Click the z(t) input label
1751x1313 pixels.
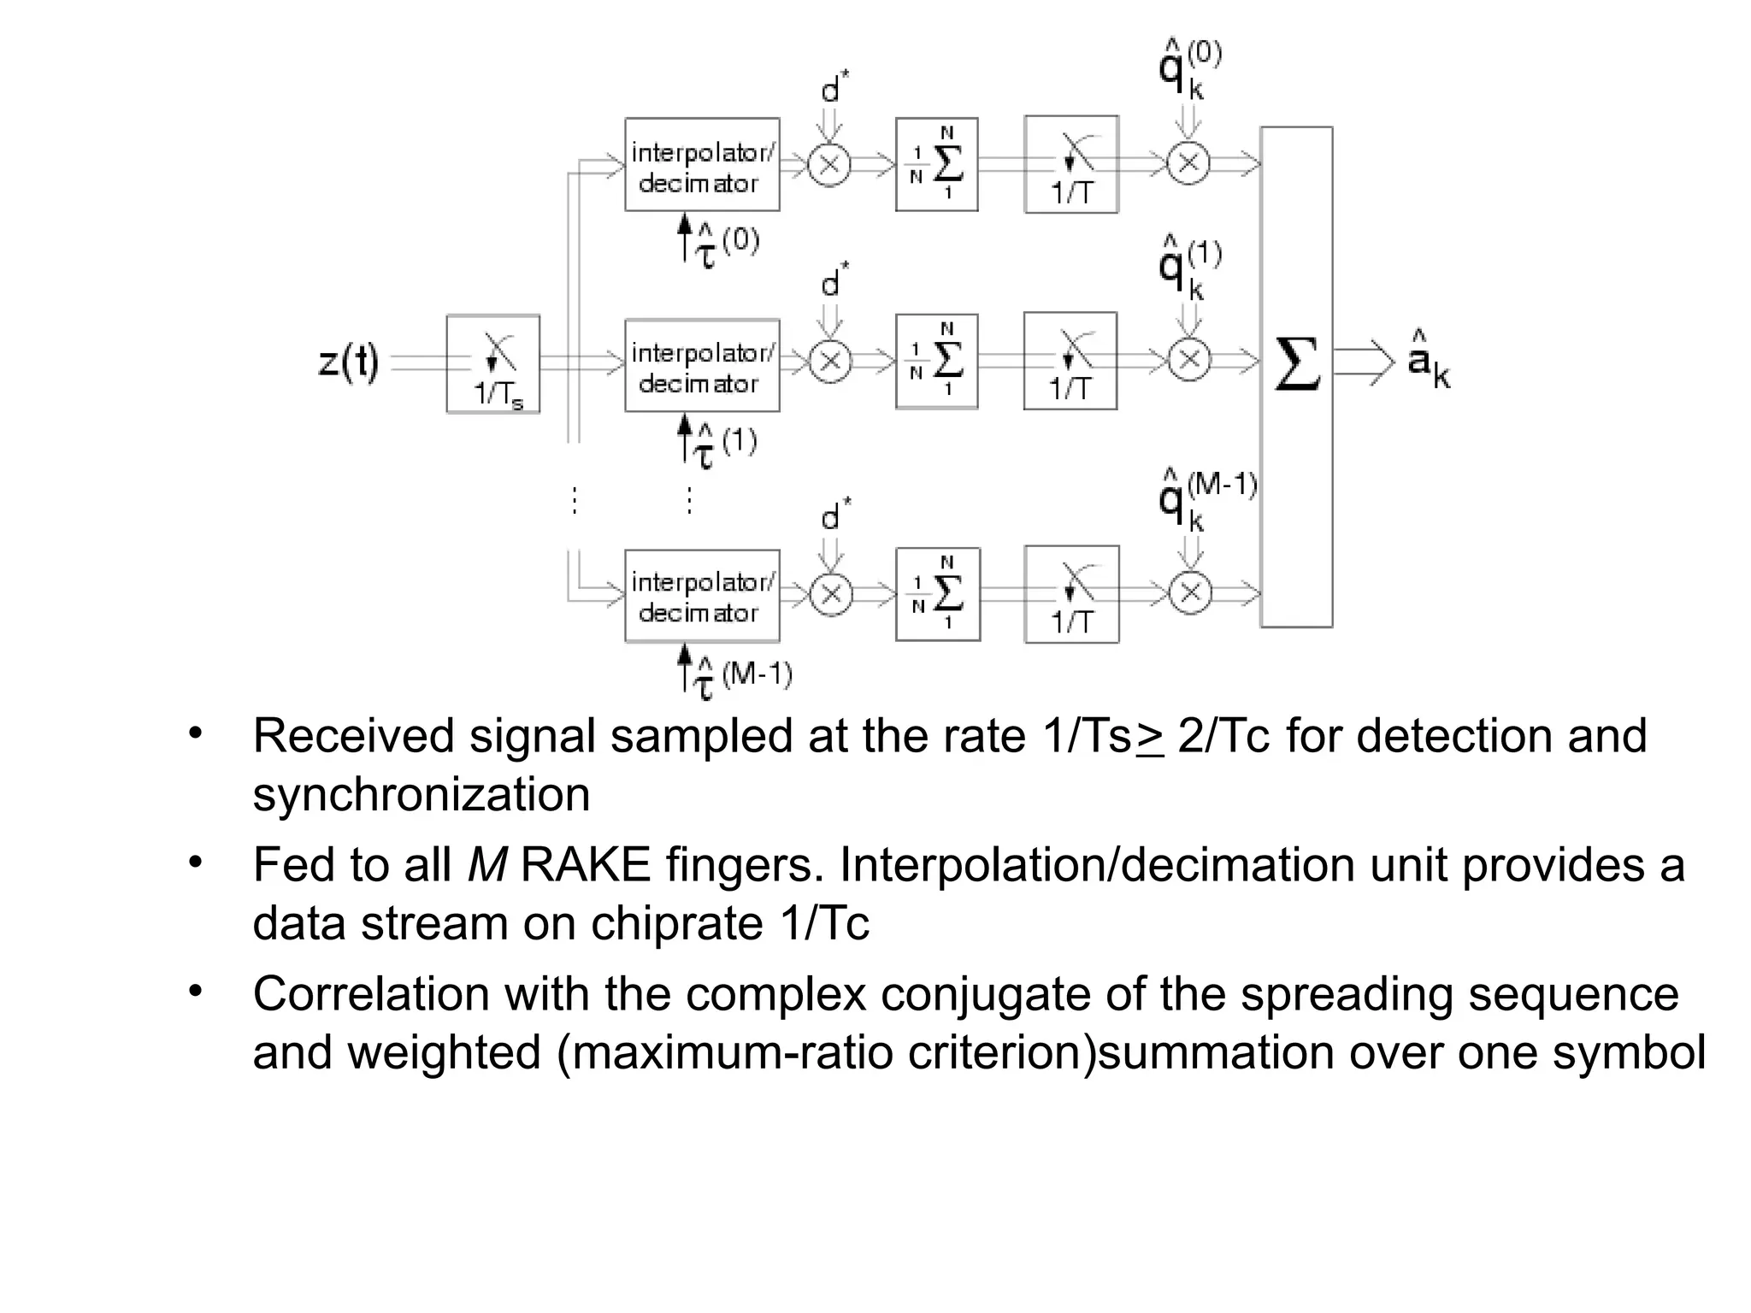(x=349, y=363)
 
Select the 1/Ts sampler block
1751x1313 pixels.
(x=493, y=364)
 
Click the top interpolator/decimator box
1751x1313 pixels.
(x=702, y=165)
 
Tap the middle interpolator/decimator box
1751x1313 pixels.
(x=702, y=366)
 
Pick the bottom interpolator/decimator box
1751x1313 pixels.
(x=702, y=596)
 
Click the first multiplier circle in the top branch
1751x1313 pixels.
(x=829, y=164)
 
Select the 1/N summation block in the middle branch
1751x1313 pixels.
(x=936, y=361)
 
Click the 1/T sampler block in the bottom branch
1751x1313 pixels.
(x=1071, y=594)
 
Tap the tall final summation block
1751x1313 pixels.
(x=1296, y=376)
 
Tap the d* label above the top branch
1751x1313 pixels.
(x=834, y=88)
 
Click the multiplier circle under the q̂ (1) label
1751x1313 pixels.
(x=1189, y=360)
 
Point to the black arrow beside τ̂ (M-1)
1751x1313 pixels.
(x=684, y=667)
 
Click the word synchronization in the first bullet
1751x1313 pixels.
(x=422, y=795)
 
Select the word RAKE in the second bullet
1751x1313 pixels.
(x=585, y=865)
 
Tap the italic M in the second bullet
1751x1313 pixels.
(x=487, y=865)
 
